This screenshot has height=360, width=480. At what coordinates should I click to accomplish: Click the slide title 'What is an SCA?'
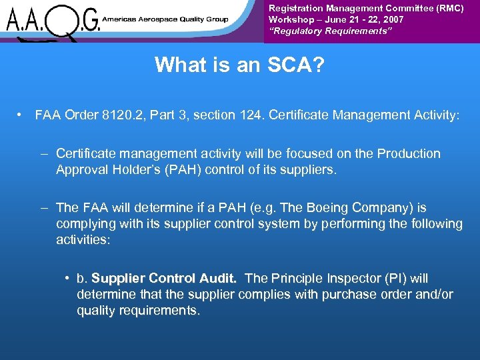click(x=239, y=65)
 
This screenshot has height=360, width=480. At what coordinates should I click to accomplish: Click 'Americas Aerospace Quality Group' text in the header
click(x=165, y=20)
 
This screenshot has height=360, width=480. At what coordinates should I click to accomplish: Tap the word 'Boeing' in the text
click(x=331, y=207)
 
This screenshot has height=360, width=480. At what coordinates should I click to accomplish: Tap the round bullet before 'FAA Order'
click(x=23, y=115)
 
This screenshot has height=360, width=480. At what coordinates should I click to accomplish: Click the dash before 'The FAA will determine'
click(x=44, y=207)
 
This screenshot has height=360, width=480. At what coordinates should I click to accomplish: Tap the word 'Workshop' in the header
click(x=290, y=19)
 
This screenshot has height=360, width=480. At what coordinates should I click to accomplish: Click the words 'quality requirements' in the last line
click(x=137, y=310)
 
